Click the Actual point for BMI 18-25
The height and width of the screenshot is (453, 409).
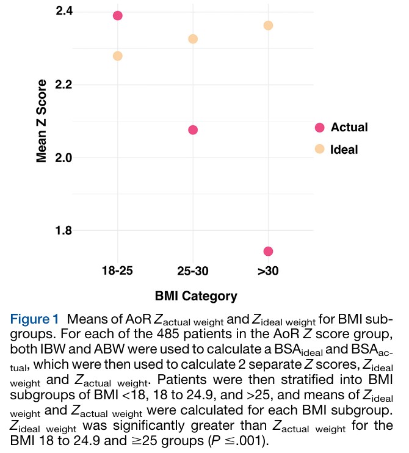point(118,15)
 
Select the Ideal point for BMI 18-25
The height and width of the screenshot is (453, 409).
point(118,56)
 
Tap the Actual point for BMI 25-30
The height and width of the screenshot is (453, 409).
point(193,130)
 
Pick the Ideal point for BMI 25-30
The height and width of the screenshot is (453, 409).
point(193,39)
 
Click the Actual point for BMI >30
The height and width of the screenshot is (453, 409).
point(268,252)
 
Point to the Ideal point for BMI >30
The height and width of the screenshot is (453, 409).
point(268,26)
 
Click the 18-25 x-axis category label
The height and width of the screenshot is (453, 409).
point(118,271)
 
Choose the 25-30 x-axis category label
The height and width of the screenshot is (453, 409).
point(193,271)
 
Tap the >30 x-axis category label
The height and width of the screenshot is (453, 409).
point(267,271)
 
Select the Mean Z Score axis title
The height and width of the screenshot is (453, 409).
point(42,121)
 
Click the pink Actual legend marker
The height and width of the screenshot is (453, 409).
point(319,128)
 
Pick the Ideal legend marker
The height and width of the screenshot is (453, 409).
point(319,149)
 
